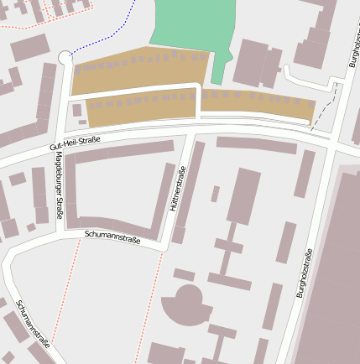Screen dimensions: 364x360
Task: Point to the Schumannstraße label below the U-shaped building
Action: click(112, 237)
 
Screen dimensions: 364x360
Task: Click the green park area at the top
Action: click(189, 25)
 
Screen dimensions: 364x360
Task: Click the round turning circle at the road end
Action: click(65, 57)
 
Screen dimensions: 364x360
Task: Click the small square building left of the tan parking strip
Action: click(77, 110)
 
